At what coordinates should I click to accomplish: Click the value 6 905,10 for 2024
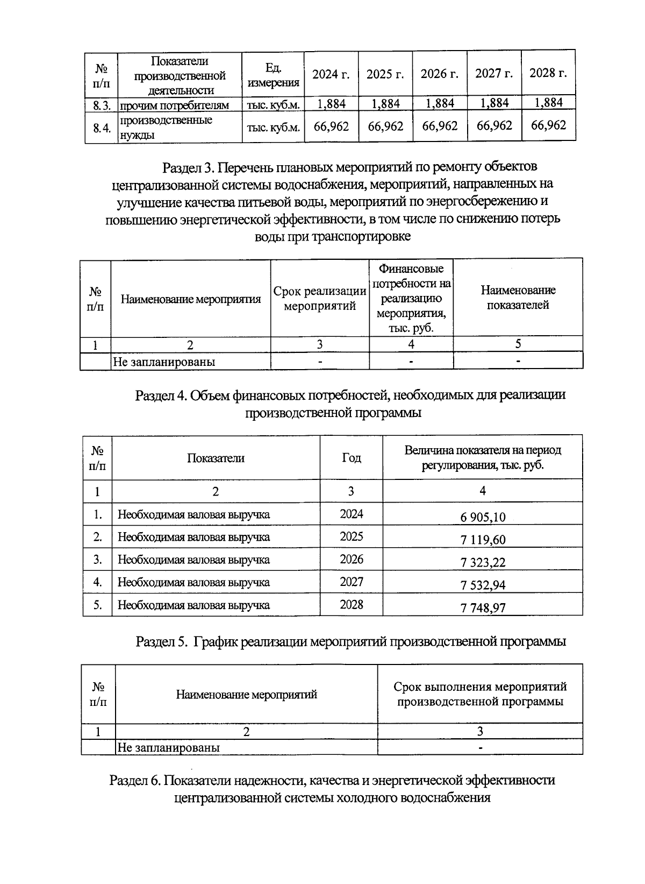click(483, 518)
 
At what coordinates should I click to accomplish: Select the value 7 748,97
click(483, 608)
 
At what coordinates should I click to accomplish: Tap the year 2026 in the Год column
click(352, 560)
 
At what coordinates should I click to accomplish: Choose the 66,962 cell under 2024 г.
click(331, 126)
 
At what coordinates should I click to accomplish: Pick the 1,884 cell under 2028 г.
click(548, 103)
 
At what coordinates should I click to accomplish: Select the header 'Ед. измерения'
click(273, 75)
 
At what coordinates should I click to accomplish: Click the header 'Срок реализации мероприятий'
click(320, 299)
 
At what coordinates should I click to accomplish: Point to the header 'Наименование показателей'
click(518, 298)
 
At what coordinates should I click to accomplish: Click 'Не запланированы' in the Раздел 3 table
click(164, 362)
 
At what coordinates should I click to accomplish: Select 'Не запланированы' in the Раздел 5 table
click(168, 747)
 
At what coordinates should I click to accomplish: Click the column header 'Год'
click(352, 458)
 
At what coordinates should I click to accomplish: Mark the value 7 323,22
click(483, 563)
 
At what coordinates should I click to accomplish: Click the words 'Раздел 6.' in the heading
click(135, 780)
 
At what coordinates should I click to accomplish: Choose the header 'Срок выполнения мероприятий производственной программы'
click(480, 694)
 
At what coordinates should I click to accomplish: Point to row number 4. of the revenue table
click(98, 582)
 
